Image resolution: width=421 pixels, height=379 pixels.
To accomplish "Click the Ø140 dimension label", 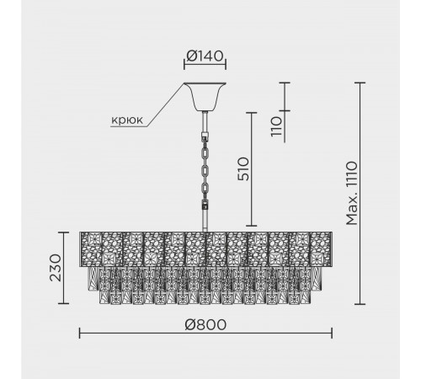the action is point(205,56).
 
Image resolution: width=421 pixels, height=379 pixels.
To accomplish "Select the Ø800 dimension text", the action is point(205,325).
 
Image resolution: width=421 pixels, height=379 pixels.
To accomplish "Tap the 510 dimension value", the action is point(243,169).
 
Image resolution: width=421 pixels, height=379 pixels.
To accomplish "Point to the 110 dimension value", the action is point(276,126).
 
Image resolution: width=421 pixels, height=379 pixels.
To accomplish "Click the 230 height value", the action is point(56,268).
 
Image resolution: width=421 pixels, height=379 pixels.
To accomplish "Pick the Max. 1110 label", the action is point(352,193).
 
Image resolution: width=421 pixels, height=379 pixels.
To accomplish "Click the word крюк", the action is point(127,120).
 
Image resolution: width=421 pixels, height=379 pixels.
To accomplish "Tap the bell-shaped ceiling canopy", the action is point(205,97).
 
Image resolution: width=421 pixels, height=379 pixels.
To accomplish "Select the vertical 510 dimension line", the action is point(252,169).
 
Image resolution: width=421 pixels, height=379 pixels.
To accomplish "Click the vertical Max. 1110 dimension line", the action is point(360,194).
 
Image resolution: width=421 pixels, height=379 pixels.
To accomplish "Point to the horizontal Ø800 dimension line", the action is point(205,334).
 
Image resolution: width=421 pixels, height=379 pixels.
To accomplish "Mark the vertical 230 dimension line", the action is point(64,268).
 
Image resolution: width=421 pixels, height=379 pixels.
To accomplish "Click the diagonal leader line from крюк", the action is point(166,104).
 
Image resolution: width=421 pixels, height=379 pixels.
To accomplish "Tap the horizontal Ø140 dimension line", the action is point(205,64).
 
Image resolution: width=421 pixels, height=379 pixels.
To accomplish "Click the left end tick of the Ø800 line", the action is point(80,334).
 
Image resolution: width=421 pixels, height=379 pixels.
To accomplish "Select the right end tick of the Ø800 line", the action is point(332,334).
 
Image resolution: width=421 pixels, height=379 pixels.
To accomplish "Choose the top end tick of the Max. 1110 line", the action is point(360,83).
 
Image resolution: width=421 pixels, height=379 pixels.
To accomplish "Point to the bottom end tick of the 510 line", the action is point(252,226).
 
